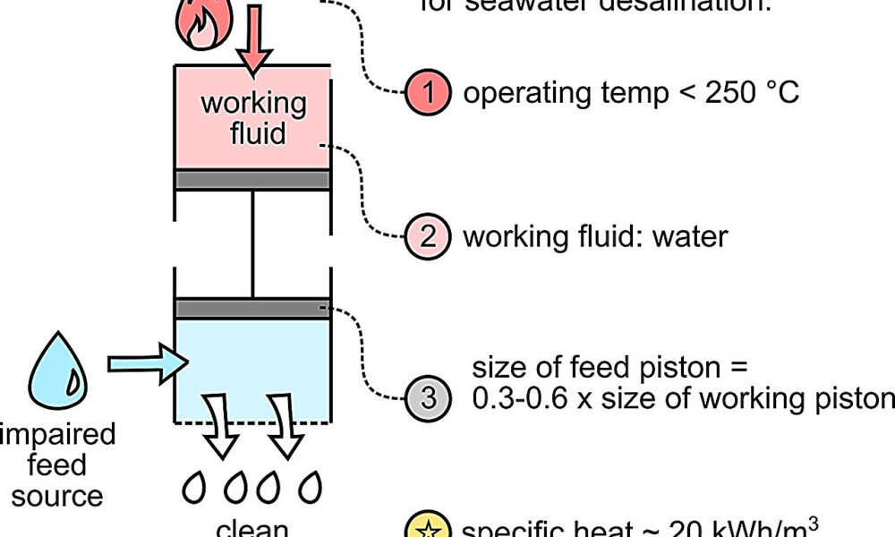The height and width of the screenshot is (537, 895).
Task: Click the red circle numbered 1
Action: (430, 92)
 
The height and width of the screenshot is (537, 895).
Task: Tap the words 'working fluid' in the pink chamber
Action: (253, 117)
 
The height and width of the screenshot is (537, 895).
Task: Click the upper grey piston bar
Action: (253, 180)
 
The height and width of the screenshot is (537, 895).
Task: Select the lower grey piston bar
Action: (253, 308)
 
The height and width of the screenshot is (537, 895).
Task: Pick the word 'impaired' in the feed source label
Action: (58, 435)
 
